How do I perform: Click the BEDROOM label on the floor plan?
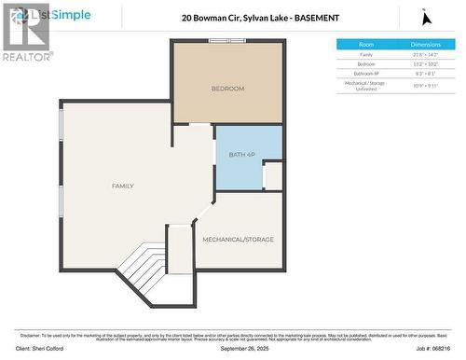click(x=227, y=89)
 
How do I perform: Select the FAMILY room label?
click(x=122, y=186)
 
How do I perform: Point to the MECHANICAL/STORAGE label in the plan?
click(x=239, y=240)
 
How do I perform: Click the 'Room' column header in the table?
click(x=366, y=45)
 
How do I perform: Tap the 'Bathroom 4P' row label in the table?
click(x=366, y=73)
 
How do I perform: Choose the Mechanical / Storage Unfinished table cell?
click(x=366, y=85)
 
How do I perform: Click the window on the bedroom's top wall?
click(x=226, y=41)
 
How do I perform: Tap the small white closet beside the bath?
click(x=272, y=175)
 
